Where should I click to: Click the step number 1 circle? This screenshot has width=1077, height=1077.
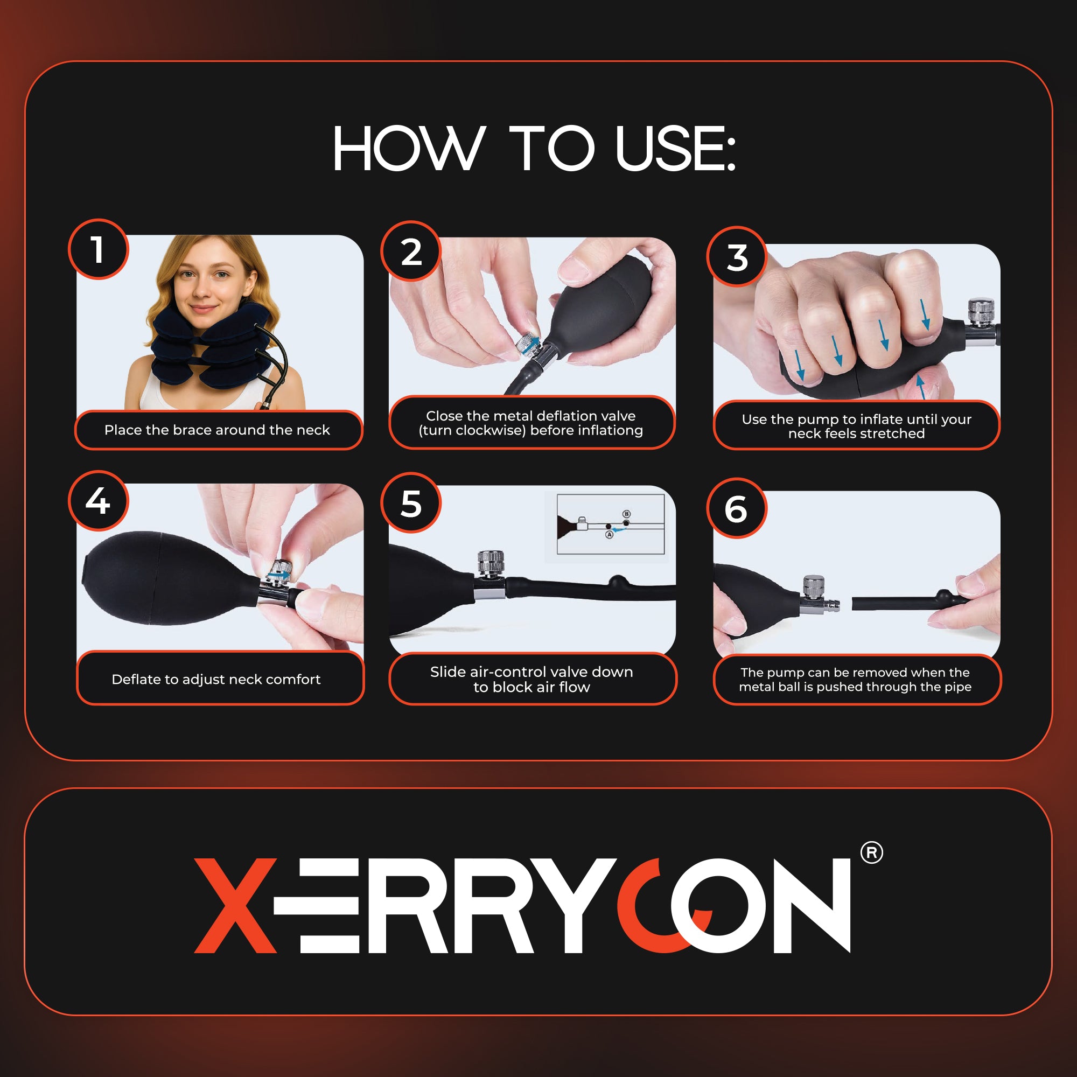(x=99, y=249)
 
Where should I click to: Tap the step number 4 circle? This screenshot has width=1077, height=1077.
(x=98, y=501)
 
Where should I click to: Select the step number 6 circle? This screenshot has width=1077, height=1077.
(x=736, y=508)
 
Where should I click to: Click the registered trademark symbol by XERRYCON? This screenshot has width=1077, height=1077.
(x=871, y=853)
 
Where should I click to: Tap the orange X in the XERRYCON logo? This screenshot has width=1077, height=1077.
(x=235, y=906)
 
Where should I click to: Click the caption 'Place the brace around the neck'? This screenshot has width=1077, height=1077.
(x=217, y=430)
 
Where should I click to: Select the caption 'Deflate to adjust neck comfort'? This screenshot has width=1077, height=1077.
(x=216, y=679)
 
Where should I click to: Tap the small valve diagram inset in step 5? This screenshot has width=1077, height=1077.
(x=611, y=524)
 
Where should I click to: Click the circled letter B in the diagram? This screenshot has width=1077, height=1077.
(x=627, y=514)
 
